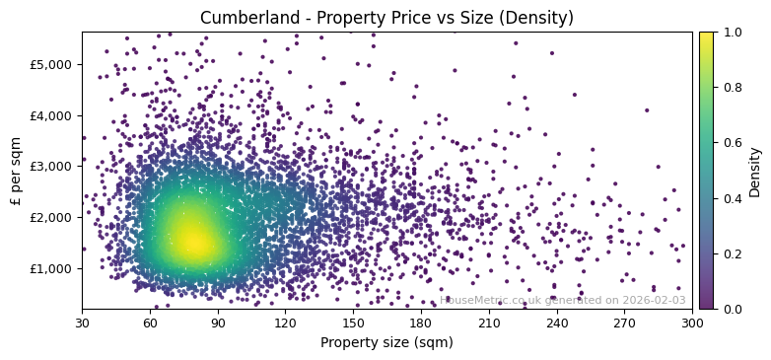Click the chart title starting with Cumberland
(x=386, y=18)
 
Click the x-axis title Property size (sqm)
(x=386, y=343)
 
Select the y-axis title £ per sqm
(x=16, y=171)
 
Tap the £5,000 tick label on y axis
(x=50, y=64)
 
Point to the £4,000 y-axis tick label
(x=50, y=115)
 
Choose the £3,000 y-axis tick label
(x=50, y=166)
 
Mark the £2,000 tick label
(x=50, y=217)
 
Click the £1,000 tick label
(x=50, y=268)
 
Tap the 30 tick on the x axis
(x=82, y=323)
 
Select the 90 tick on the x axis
(x=218, y=323)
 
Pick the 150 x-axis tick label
(x=353, y=323)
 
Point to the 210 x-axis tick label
(x=489, y=323)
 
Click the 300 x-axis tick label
(x=692, y=323)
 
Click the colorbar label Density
(x=755, y=171)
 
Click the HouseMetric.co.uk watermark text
(x=562, y=300)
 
